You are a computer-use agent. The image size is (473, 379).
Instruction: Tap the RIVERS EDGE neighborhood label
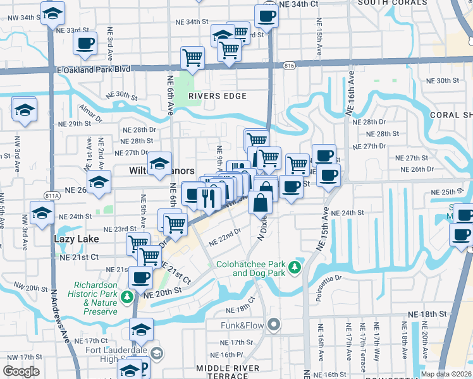click(x=216, y=96)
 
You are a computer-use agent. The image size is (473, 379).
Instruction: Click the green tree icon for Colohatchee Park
click(x=294, y=268)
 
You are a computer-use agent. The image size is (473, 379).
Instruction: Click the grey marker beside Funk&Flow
click(x=273, y=325)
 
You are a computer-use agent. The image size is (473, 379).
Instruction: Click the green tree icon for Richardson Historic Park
click(x=127, y=296)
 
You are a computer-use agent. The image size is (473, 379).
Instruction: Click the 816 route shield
click(x=289, y=65)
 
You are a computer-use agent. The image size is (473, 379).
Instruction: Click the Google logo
click(x=21, y=371)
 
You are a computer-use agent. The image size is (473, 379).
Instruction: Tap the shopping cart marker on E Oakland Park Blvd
click(x=192, y=58)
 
